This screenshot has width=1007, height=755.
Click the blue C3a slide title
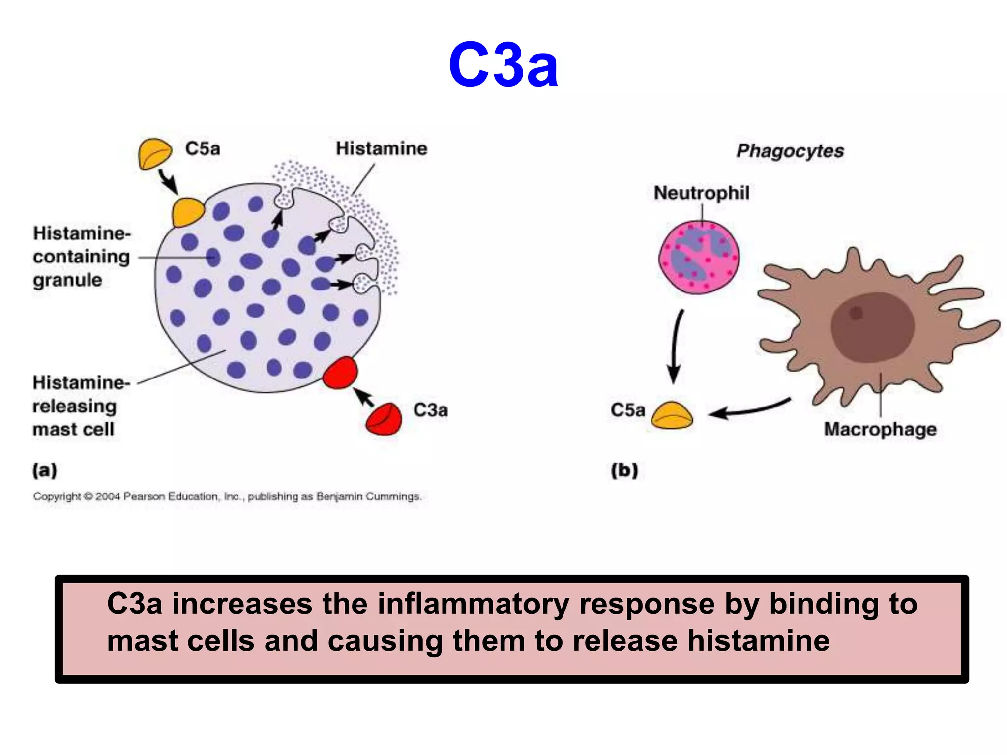click(x=503, y=65)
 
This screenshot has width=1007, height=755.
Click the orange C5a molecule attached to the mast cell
click(x=187, y=212)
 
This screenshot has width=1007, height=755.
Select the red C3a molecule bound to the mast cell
click(x=340, y=373)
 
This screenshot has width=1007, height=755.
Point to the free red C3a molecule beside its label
click(x=384, y=419)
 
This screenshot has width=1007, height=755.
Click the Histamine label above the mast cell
click(x=381, y=148)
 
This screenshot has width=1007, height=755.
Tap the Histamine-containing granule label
click(x=82, y=257)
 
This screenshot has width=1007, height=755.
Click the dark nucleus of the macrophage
click(x=872, y=327)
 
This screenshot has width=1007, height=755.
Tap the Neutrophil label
click(x=702, y=193)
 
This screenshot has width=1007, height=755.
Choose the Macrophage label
click(x=880, y=429)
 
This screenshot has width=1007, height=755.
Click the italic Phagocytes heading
click(x=790, y=150)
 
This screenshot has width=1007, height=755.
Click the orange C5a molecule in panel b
click(x=672, y=416)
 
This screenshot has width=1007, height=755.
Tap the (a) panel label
click(x=45, y=470)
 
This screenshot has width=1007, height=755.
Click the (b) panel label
click(x=624, y=470)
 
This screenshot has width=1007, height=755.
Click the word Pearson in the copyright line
click(x=144, y=496)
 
